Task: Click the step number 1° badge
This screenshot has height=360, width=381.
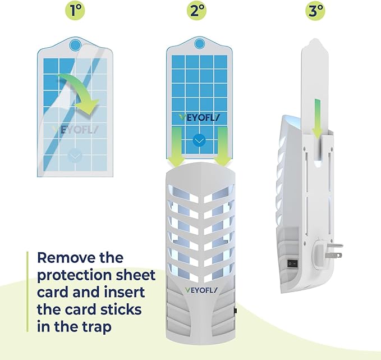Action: pyautogui.click(x=75, y=11)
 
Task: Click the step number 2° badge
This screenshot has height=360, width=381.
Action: pyautogui.click(x=196, y=11)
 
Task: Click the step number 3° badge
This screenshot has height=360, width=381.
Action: pyautogui.click(x=315, y=11)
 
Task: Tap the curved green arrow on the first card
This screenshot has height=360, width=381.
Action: pyautogui.click(x=80, y=94)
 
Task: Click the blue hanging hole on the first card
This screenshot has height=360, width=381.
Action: pyautogui.click(x=75, y=45)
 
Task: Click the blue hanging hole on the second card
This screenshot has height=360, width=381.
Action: pyautogui.click(x=200, y=44)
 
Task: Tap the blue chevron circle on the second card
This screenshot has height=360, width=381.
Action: pyautogui.click(x=199, y=140)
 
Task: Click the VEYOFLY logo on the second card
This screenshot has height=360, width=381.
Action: pyautogui.click(x=200, y=118)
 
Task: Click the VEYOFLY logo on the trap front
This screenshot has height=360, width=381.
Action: pyautogui.click(x=201, y=290)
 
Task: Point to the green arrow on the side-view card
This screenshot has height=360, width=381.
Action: pyautogui.click(x=317, y=119)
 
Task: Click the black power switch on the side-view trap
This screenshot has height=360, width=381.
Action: pyautogui.click(x=292, y=263)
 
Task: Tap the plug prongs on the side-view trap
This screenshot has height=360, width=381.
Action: pyautogui.click(x=333, y=250)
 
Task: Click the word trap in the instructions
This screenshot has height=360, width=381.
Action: pyautogui.click(x=97, y=327)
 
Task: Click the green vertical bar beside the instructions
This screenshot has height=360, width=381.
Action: pyautogui.click(x=27, y=291)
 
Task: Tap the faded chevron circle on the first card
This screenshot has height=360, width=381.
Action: pyautogui.click(x=75, y=156)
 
